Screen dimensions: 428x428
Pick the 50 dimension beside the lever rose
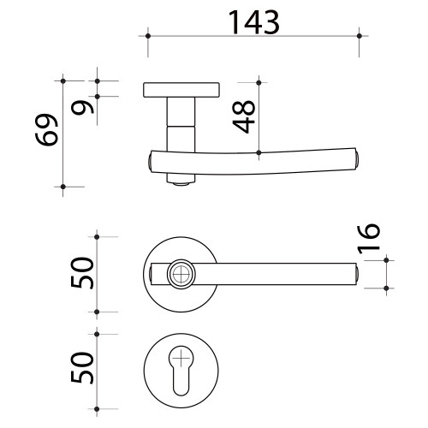83,274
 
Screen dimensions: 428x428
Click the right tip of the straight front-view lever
354,274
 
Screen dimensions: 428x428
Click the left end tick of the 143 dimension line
147,35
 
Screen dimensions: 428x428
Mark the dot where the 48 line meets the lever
259,154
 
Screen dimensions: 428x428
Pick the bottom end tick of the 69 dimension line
64,186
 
